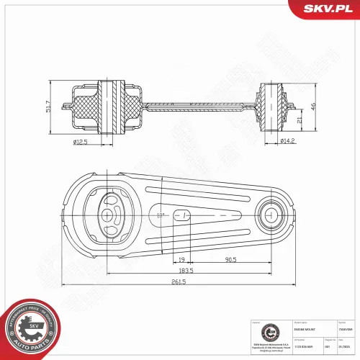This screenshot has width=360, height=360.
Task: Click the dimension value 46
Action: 312,106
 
